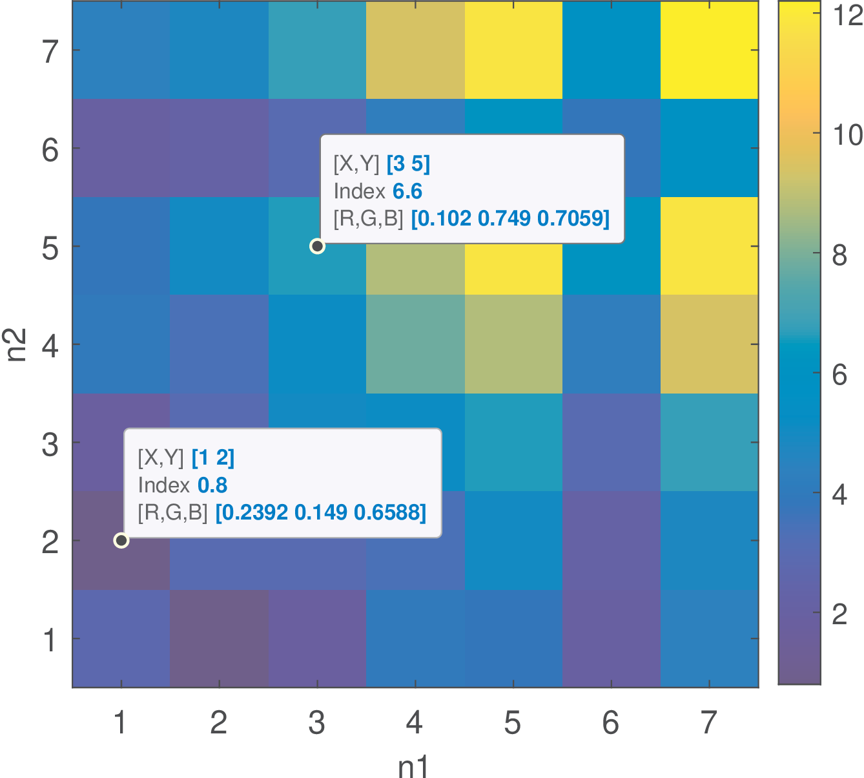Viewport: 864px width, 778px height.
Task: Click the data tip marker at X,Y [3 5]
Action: coord(317,246)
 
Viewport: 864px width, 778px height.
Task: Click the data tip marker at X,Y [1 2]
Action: coord(121,540)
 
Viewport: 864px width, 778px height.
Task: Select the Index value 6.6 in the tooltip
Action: coord(407,191)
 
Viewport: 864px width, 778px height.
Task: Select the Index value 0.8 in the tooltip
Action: coord(212,485)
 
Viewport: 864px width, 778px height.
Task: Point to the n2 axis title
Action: coord(16,344)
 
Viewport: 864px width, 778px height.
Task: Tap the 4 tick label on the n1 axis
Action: coord(415,724)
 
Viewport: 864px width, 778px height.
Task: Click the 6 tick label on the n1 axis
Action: coord(610,724)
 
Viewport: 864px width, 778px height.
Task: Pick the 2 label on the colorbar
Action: coord(839,615)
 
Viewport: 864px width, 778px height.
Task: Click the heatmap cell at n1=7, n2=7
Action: coord(709,50)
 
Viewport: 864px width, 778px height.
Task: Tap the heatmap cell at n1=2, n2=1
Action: coord(219,638)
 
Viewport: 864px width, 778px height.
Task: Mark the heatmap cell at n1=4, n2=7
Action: coord(415,50)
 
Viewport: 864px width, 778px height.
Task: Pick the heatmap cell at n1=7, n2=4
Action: coord(709,344)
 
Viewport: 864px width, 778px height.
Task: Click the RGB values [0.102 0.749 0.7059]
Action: coord(510,219)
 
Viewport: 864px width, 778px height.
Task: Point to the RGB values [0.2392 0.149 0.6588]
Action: coord(320,513)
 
